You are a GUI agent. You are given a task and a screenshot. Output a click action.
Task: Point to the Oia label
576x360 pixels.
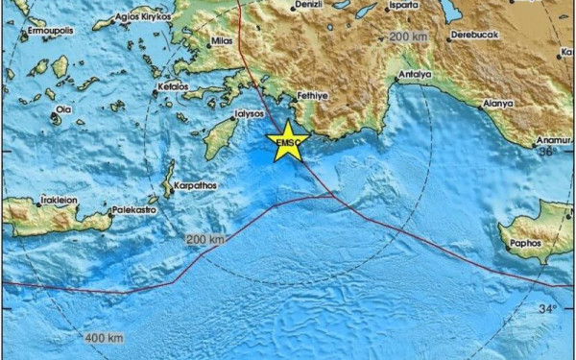(x=64, y=109)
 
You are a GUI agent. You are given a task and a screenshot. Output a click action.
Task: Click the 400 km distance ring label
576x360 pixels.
(x=103, y=338)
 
